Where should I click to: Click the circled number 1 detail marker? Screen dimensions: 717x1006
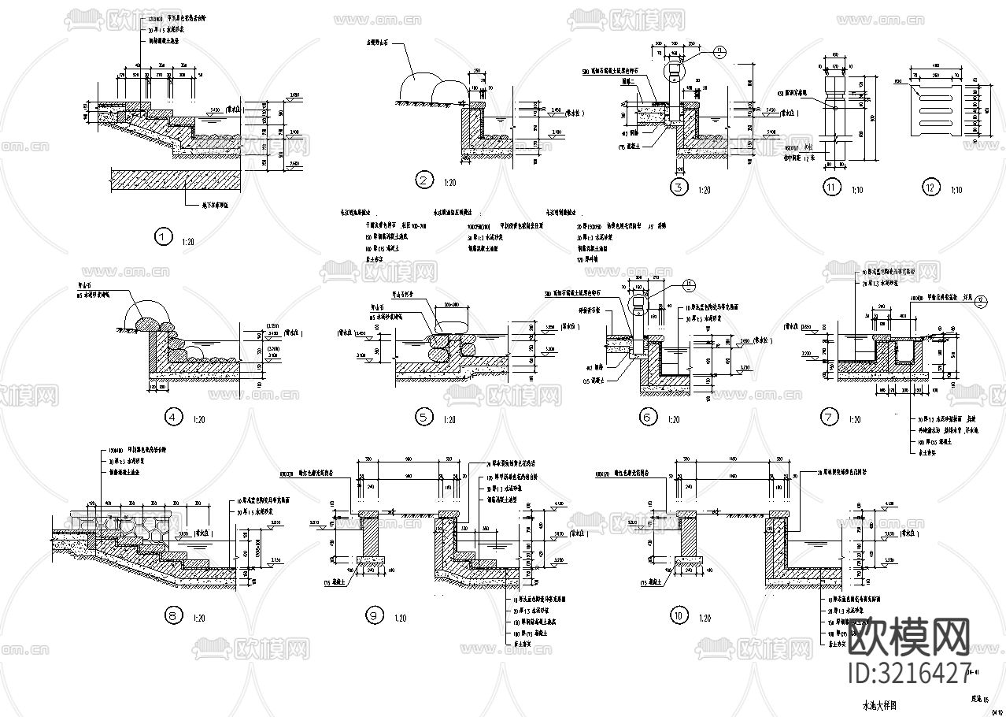tap(163, 237)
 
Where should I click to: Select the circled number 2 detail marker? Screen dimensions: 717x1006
tap(424, 181)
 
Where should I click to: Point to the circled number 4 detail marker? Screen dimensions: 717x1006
tap(174, 418)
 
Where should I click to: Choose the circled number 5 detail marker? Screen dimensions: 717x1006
tap(424, 418)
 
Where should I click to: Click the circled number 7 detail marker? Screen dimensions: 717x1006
tap(830, 418)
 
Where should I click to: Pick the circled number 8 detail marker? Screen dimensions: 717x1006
tap(172, 616)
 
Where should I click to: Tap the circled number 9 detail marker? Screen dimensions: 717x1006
tap(374, 616)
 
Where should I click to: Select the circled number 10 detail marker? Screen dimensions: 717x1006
tap(677, 616)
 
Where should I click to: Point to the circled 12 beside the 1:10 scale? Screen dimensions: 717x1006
tap(933, 188)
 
